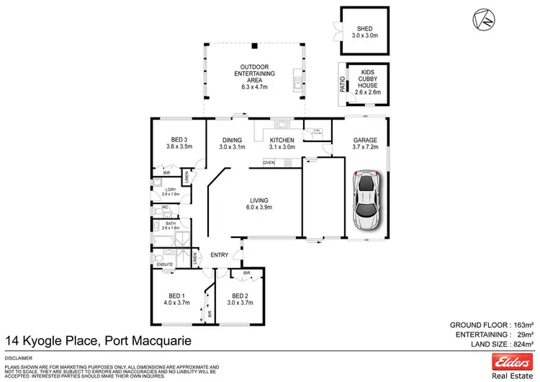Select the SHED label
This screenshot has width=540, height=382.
pyautogui.click(x=364, y=30)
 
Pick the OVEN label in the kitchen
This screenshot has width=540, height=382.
pyautogui.click(x=269, y=163)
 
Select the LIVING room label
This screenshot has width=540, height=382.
pyautogui.click(x=258, y=204)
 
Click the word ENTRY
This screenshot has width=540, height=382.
pyautogui.click(x=220, y=254)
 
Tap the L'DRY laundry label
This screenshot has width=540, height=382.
pyautogui.click(x=169, y=191)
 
